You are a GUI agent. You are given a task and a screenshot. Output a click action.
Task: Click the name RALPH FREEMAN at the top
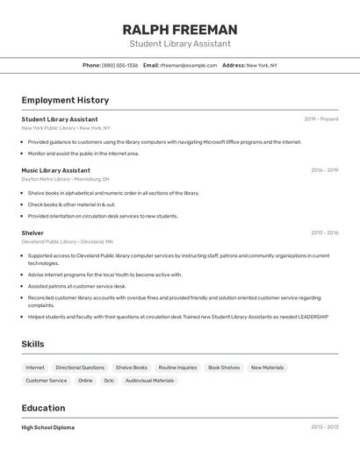180,30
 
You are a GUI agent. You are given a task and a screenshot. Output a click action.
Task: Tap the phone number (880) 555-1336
119,65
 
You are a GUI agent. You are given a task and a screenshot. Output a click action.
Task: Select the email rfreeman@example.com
189,65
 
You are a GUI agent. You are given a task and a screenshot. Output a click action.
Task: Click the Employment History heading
65,100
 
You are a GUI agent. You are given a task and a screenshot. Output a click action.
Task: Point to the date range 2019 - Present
321,119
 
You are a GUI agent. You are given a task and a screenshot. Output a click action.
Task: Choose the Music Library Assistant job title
55,170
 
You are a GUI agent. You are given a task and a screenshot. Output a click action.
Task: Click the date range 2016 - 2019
324,170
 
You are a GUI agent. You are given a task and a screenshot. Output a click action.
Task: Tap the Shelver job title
32,233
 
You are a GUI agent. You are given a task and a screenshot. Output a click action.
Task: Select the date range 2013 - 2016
324,233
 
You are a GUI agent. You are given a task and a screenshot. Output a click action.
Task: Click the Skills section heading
32,344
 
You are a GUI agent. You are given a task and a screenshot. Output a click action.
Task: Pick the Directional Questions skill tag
80,368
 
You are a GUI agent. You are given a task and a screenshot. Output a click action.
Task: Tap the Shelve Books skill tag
132,368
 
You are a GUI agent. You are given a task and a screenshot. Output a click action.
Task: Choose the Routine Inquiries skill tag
177,368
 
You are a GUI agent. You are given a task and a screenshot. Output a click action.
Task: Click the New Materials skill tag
267,368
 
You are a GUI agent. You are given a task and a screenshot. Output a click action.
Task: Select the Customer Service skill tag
46,381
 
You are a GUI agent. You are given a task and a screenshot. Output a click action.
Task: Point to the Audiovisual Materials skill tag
150,381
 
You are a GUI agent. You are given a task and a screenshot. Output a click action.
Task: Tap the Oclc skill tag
109,381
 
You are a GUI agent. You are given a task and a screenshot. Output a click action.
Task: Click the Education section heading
43,408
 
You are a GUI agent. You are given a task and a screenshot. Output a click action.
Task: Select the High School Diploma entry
47,427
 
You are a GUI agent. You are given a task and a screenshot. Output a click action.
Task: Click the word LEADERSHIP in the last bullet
313,317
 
